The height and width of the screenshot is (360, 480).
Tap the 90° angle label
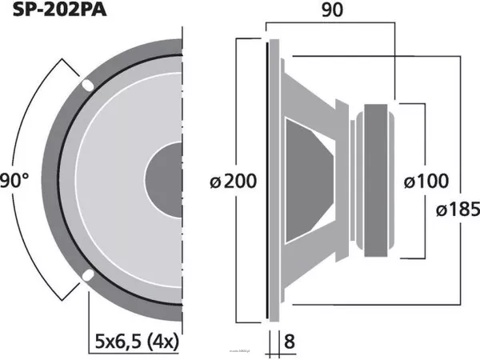pyautogui.click(x=14, y=180)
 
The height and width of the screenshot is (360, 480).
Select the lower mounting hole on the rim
pyautogui.click(x=86, y=277)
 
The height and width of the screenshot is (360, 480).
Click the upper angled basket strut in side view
pyautogui.click(x=320, y=96)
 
